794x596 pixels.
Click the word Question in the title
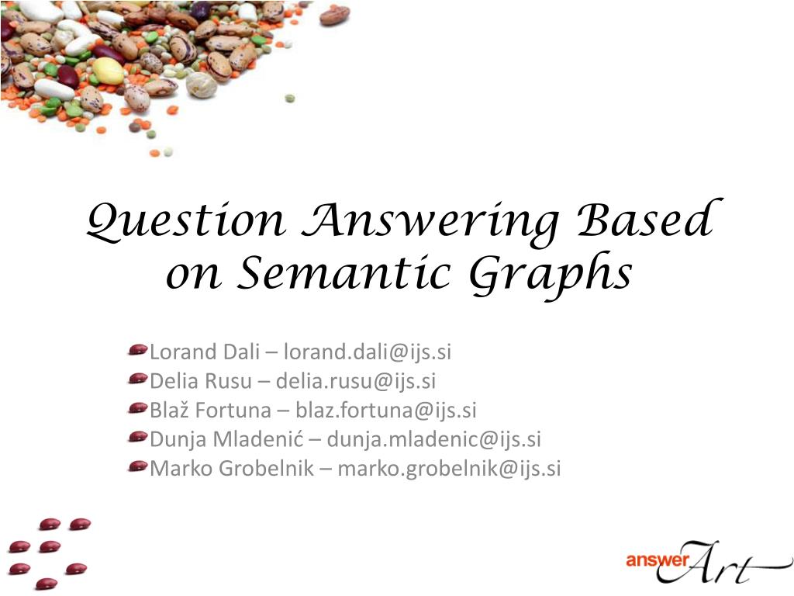185,221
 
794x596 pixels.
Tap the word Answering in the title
430,223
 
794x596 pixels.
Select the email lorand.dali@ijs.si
367,352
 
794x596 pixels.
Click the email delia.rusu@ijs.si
355,381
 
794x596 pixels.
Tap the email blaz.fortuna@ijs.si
386,411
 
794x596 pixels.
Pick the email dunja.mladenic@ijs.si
434,439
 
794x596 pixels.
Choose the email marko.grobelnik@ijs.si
449,468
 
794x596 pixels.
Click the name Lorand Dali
205,352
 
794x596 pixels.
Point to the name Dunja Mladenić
226,439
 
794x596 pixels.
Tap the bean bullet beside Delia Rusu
138,379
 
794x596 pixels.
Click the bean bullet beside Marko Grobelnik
138,466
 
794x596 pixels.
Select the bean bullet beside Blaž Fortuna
138,408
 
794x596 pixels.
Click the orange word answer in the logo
658,560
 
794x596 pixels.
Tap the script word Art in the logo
719,563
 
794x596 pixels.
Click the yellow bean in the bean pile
108,71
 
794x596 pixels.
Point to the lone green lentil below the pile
290,98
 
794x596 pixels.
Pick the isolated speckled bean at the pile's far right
334,15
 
